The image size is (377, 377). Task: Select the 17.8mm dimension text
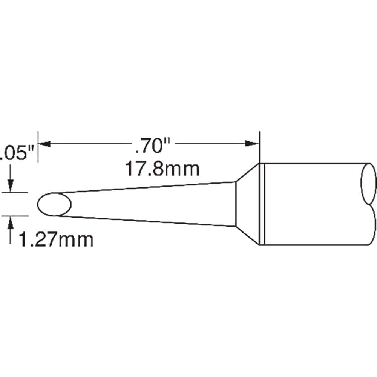pyautogui.click(x=162, y=169)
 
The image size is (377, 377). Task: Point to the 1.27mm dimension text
pyautogui.click(x=56, y=239)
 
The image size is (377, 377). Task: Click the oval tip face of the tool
pyautogui.click(x=54, y=204)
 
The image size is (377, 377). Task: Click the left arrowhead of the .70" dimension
pyautogui.click(x=44, y=144)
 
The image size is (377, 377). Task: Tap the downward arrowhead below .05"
pyautogui.click(x=10, y=186)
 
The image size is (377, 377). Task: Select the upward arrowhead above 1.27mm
pyautogui.click(x=10, y=222)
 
